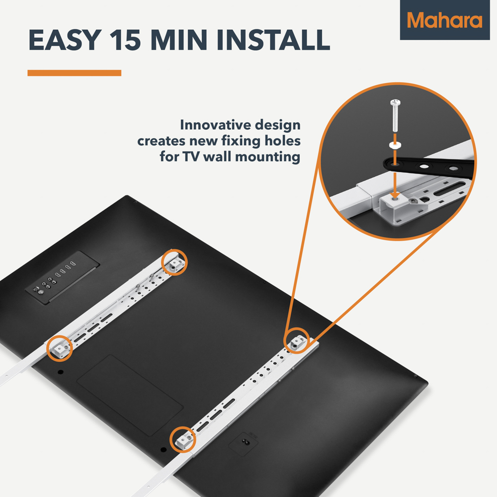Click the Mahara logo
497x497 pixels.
click(445, 20)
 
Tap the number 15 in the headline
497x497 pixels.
click(125, 40)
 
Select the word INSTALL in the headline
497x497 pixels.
click(273, 40)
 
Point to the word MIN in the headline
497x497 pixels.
click(179, 40)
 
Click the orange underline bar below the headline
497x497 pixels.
click(75, 73)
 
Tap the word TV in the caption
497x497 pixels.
click(191, 157)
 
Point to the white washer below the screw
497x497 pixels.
click(395, 145)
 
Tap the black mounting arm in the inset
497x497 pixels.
click(428, 166)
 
